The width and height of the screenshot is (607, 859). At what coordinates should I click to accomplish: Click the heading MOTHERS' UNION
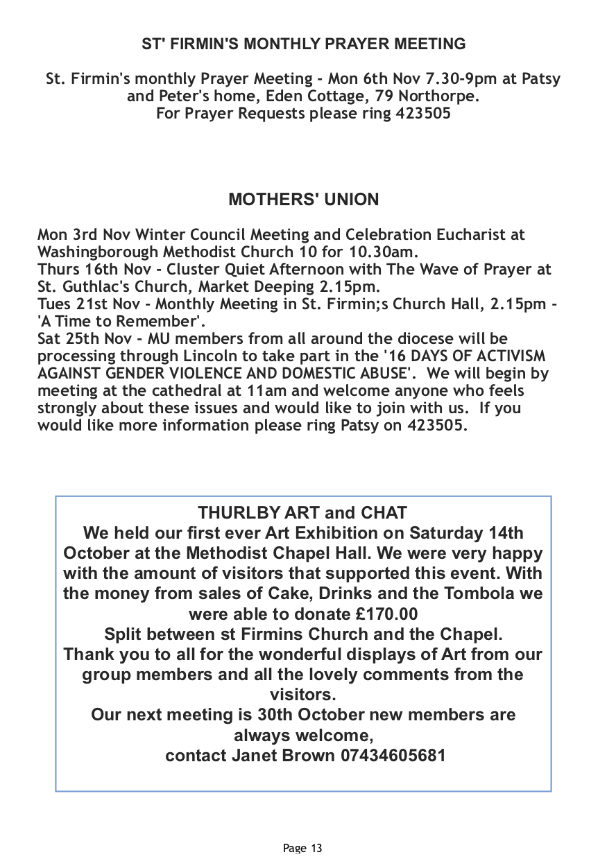303,200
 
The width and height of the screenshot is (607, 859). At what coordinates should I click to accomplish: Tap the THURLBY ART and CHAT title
302,513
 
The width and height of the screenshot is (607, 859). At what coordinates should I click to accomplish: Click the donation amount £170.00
381,614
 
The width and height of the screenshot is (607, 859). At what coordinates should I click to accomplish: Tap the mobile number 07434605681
393,755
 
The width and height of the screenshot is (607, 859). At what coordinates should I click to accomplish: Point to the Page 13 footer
303,848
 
